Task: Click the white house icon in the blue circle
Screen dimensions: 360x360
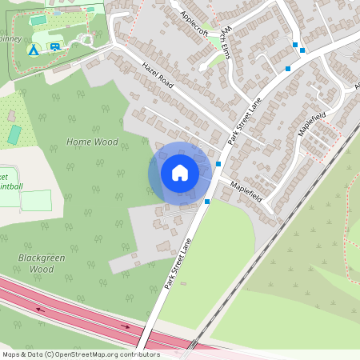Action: click(179, 172)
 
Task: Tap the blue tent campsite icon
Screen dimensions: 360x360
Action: click(34, 50)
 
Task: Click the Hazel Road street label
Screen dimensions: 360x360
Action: click(158, 74)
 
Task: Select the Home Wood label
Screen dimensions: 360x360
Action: click(92, 142)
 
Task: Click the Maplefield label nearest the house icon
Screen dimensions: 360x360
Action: click(246, 190)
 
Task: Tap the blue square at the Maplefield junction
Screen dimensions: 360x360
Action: click(218, 164)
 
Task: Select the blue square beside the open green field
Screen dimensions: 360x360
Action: click(207, 202)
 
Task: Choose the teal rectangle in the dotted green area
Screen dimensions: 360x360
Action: click(14, 134)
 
